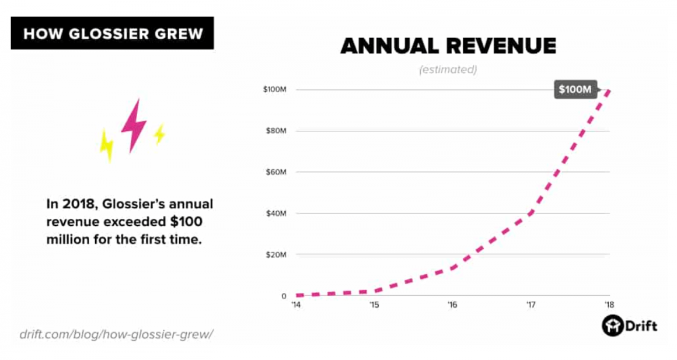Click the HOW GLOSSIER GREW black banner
[112, 33]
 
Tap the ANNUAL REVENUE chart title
[448, 46]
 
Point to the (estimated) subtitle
[448, 70]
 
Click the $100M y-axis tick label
[274, 90]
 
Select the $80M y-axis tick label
[275, 131]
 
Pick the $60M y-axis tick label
[275, 172]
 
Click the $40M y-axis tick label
[275, 214]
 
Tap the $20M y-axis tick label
[275, 255]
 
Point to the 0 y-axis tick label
[283, 296]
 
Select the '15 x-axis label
[375, 305]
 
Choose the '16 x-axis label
[452, 305]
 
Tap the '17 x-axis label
[531, 305]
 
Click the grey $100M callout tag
[575, 90]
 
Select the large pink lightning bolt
[134, 125]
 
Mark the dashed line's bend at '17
[531, 213]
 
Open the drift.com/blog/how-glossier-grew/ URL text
[117, 334]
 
